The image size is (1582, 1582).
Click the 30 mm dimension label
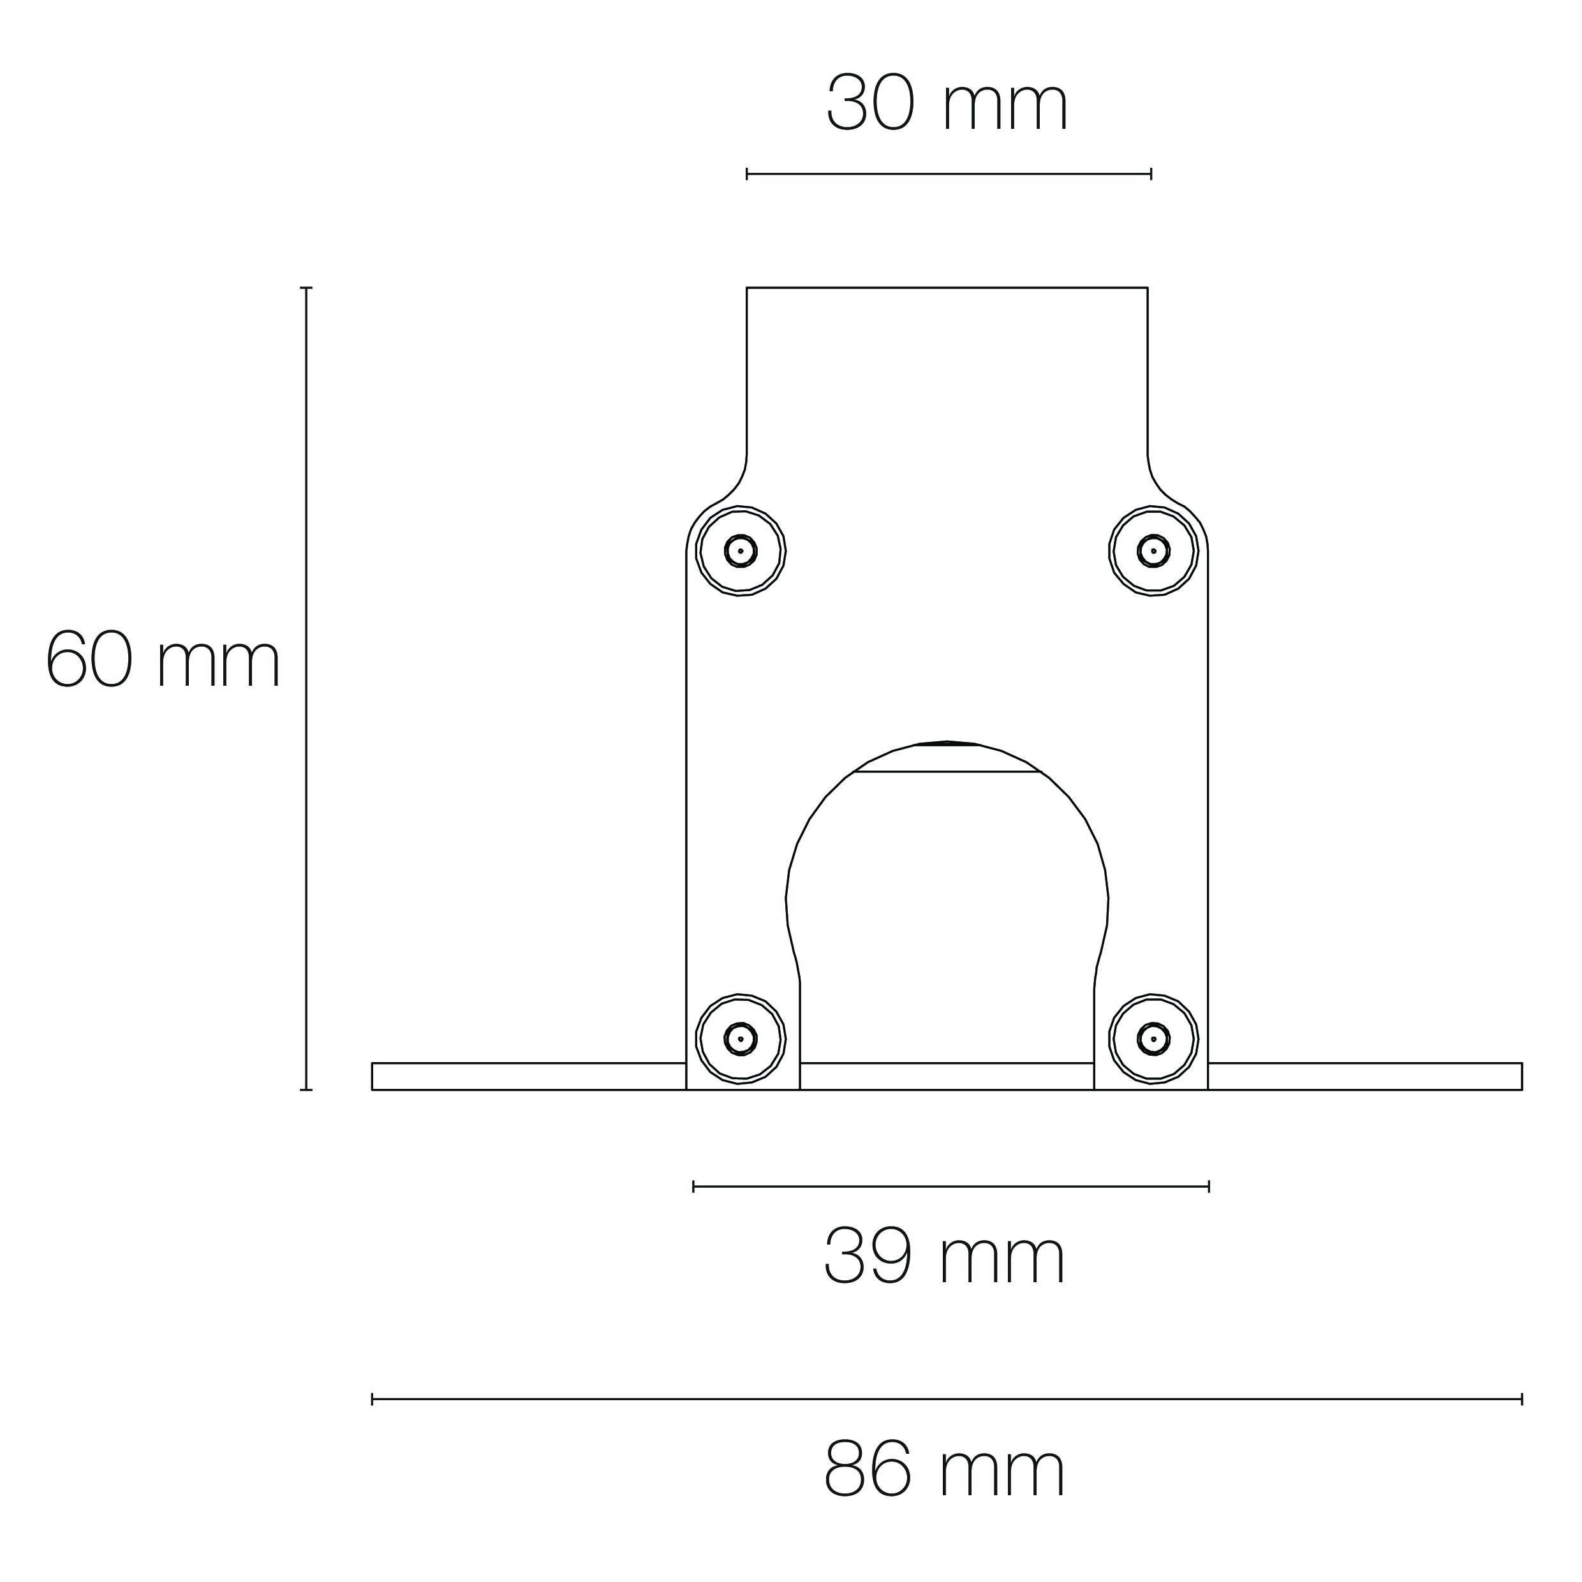pos(947,104)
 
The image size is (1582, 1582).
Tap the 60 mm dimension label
pos(163,661)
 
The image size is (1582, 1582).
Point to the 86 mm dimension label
pos(944,1493)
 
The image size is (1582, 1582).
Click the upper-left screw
pos(740,551)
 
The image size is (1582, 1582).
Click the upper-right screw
pos(1153,551)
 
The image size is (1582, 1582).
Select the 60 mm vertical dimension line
pos(306,689)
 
